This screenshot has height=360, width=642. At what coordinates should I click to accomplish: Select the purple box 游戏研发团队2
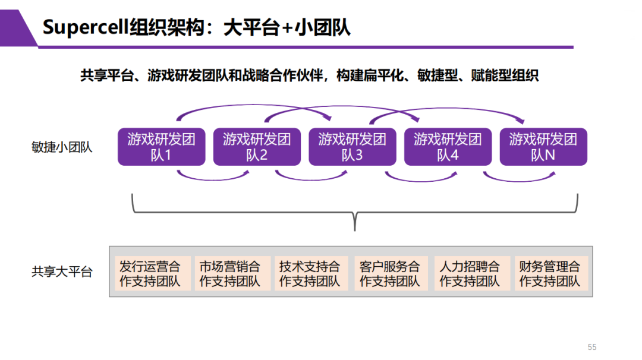pyautogui.click(x=257, y=147)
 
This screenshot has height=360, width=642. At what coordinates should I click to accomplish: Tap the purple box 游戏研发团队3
pyautogui.click(x=353, y=147)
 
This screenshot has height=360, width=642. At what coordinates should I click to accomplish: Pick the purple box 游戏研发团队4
pyautogui.click(x=448, y=147)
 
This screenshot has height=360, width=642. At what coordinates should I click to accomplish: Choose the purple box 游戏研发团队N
pyautogui.click(x=543, y=147)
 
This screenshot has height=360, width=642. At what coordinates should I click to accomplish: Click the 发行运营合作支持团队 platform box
pyautogui.click(x=151, y=273)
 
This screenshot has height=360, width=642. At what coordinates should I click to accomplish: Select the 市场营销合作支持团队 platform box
pyautogui.click(x=231, y=273)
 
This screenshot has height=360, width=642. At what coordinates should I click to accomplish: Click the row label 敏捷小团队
pyautogui.click(x=62, y=147)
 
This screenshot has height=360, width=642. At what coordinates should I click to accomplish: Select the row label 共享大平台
pyautogui.click(x=62, y=273)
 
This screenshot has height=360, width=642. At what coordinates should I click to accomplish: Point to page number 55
pyautogui.click(x=591, y=347)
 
